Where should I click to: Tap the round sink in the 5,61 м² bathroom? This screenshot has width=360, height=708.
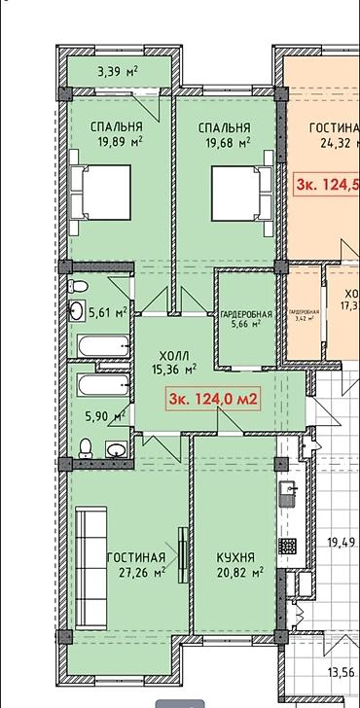pyautogui.click(x=77, y=311)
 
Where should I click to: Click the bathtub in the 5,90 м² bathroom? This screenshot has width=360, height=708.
pyautogui.click(x=98, y=385)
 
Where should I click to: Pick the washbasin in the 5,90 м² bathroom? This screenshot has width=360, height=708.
pyautogui.click(x=114, y=449)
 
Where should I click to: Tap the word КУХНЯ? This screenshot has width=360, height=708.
pyautogui.click(x=235, y=558)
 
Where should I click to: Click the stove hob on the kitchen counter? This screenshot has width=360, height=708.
pyautogui.click(x=289, y=542)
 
